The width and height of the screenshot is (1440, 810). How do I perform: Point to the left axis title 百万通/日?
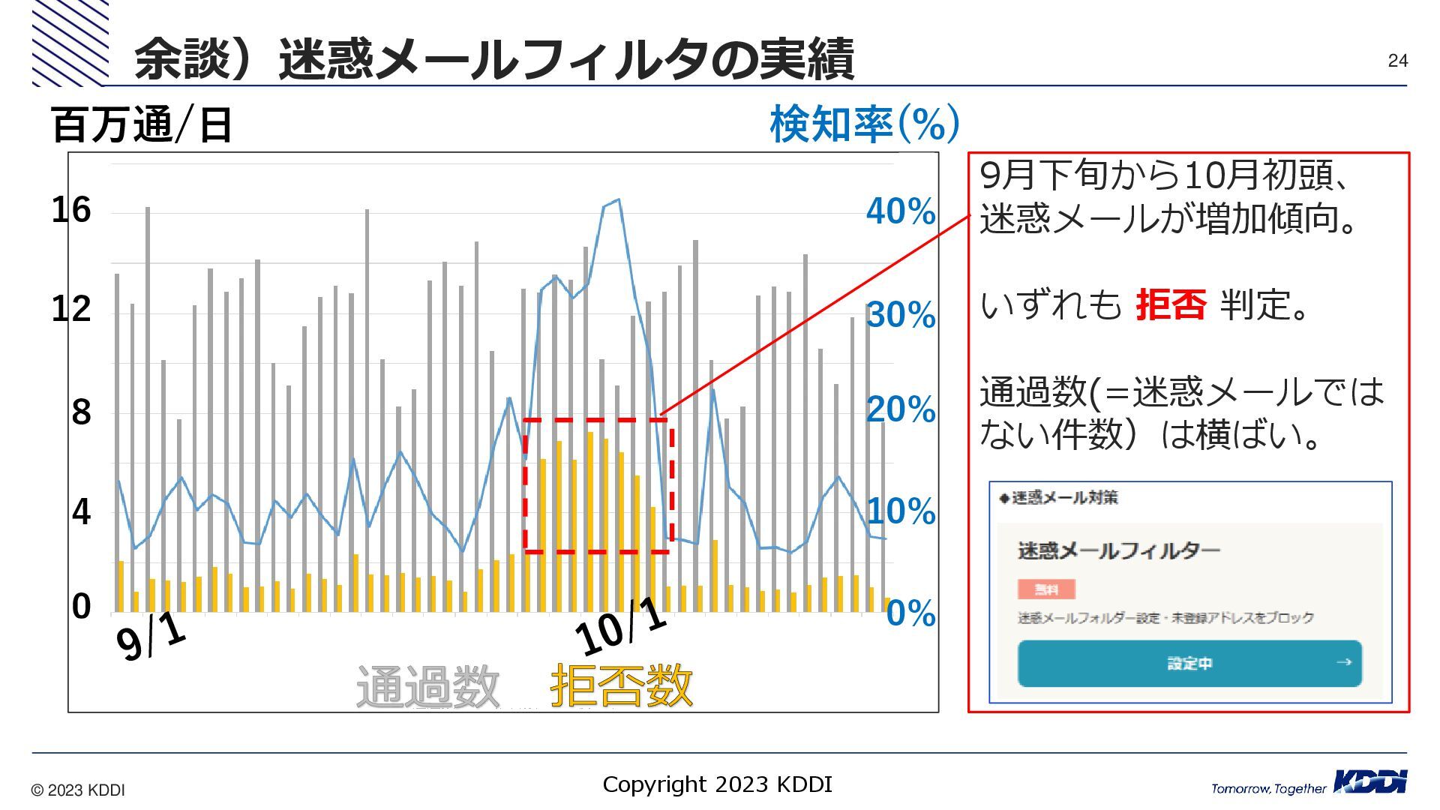[141, 125]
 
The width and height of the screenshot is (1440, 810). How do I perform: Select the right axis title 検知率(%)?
[864, 124]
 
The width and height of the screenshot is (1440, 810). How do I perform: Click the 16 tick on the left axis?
[71, 210]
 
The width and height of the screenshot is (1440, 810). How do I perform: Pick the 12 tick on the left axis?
[71, 309]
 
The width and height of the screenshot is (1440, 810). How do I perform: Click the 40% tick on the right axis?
[900, 211]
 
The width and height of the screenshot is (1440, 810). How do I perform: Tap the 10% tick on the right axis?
[900, 512]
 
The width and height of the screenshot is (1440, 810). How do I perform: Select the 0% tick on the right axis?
[910, 613]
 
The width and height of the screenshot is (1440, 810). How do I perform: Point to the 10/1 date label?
[620, 628]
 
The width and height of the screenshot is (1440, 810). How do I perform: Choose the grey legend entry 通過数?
[427, 685]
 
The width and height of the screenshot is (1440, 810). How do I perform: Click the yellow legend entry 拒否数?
[621, 685]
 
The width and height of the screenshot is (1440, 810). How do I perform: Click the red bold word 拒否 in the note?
[1171, 305]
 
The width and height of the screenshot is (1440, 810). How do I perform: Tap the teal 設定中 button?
[1189, 663]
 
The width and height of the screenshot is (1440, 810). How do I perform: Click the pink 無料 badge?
[1046, 589]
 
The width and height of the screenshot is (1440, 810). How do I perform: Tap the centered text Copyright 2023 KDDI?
[717, 784]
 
